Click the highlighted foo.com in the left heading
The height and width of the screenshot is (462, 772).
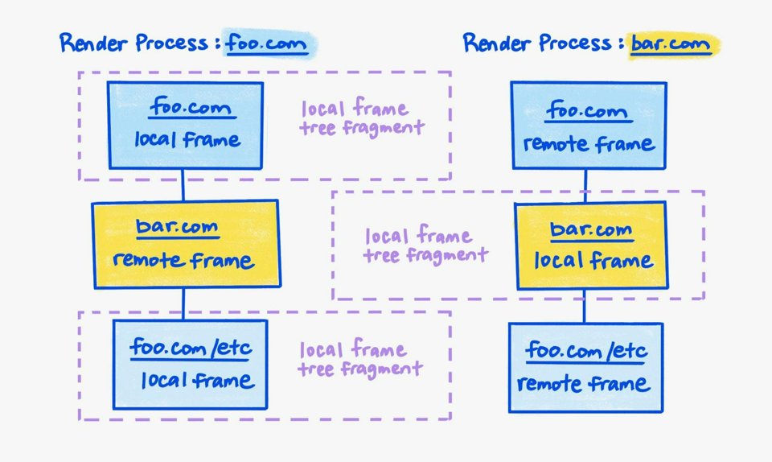(267, 43)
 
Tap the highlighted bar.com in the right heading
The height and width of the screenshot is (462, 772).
(670, 43)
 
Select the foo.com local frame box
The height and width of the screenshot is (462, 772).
(186, 125)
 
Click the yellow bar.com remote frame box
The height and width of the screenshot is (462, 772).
(186, 244)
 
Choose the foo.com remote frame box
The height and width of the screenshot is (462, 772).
(589, 125)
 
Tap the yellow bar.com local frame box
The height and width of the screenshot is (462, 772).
(591, 245)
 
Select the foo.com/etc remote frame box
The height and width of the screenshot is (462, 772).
(586, 367)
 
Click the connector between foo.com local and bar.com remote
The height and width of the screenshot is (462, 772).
(183, 184)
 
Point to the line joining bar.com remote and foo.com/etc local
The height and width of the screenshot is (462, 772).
(183, 303)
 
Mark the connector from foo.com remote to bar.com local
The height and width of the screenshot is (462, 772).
(585, 185)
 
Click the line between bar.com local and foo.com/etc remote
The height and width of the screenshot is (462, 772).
(585, 306)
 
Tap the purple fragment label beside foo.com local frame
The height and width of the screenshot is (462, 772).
(362, 118)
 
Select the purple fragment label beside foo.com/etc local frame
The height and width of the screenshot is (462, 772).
(359, 359)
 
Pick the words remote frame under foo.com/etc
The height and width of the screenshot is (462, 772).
(585, 383)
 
